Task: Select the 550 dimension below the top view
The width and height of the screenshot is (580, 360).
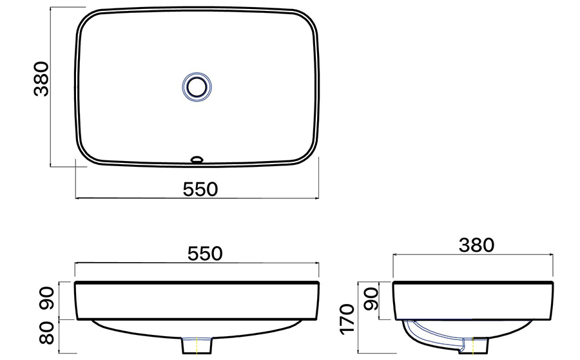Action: (x=200, y=189)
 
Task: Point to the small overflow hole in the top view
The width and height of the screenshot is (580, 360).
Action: (x=197, y=157)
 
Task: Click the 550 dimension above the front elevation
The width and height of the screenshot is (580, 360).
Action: (x=200, y=252)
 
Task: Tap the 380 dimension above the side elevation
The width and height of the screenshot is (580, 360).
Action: (x=476, y=245)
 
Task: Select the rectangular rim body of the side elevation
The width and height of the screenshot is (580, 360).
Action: (x=474, y=301)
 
